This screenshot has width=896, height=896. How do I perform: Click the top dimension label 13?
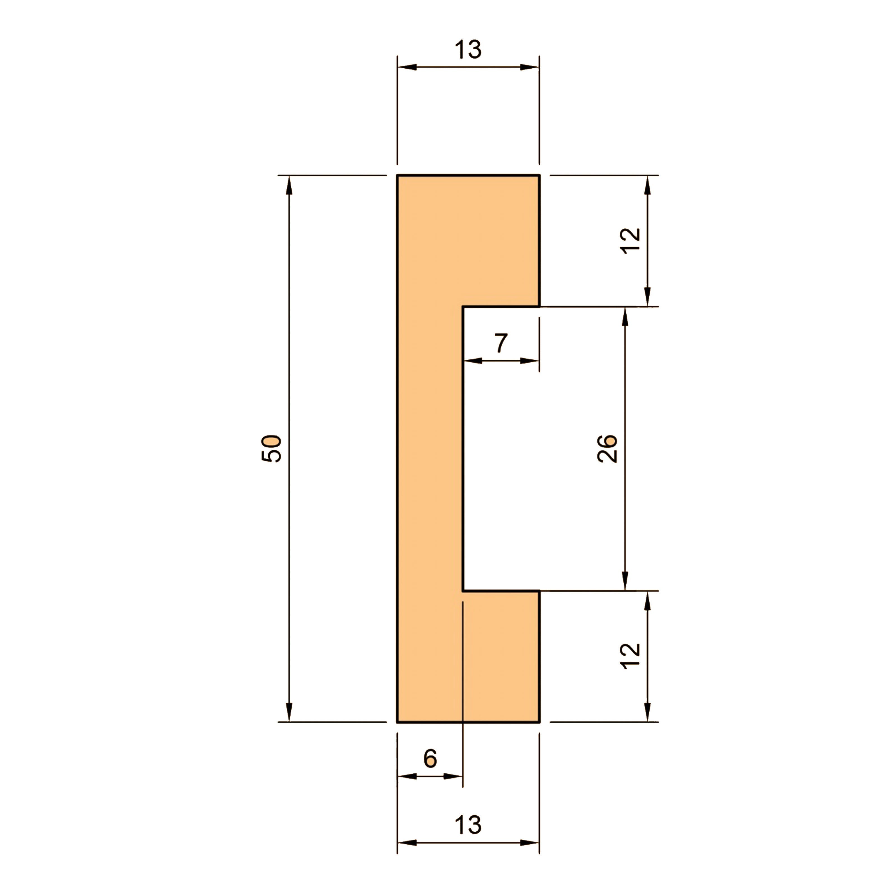click(x=468, y=50)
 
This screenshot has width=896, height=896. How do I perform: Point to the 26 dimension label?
click(x=607, y=449)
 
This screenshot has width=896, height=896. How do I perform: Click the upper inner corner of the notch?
click(x=463, y=307)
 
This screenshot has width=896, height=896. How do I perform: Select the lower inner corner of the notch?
click(x=463, y=591)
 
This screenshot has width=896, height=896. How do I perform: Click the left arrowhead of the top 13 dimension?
click(x=407, y=67)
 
